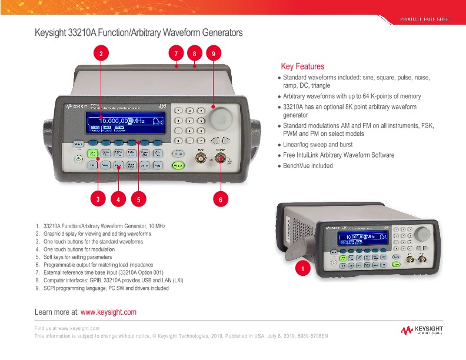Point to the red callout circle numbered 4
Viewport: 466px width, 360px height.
[118, 199]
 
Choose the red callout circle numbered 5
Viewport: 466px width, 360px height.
[138, 199]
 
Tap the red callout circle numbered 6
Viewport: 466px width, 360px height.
[221, 199]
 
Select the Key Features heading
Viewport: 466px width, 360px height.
[302, 66]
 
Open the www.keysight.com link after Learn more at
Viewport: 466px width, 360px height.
[108, 312]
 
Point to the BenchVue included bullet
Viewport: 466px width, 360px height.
[307, 166]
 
